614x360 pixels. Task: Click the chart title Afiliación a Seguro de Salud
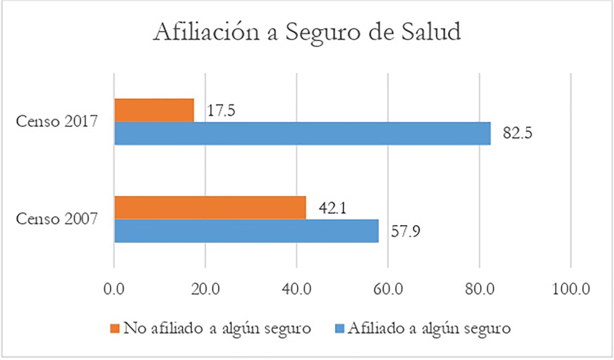307,32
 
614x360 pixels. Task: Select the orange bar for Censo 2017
154,110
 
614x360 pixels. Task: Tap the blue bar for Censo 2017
303,133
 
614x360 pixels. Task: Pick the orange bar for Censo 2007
210,208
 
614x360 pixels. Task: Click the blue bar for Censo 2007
246,231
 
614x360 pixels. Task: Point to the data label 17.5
220,111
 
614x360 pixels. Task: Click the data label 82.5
517,134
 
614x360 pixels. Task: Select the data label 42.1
333,209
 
